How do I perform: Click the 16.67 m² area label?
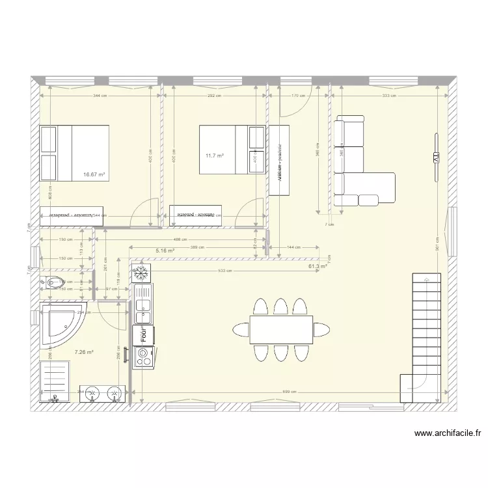pyautogui.click(x=94, y=174)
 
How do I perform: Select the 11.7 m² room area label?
pyautogui.click(x=215, y=156)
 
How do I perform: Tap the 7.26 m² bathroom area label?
pyautogui.click(x=84, y=352)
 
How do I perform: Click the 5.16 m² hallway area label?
pyautogui.click(x=165, y=250)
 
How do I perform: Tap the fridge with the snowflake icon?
pyautogui.click(x=141, y=273)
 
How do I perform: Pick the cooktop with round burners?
pyautogui.click(x=143, y=356)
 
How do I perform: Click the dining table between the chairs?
pyautogui.click(x=281, y=330)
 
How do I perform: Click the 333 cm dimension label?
pyautogui.click(x=389, y=96)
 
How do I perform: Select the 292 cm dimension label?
pyautogui.click(x=215, y=96)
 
